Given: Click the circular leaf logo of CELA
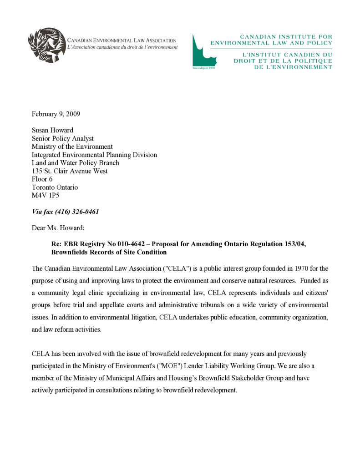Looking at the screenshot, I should tap(47, 45).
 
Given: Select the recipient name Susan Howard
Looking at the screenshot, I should tap(52, 130).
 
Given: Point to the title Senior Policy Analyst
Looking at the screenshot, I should tap(62, 138).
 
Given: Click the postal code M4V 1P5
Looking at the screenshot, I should tap(45, 196).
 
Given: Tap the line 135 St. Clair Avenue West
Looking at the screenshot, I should tap(70, 171).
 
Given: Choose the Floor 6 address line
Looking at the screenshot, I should tap(42, 179).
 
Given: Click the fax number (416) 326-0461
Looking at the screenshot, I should tap(77, 212).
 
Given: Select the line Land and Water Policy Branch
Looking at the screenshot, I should tap(75, 163).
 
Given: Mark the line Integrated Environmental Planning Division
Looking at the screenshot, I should tap(94, 155).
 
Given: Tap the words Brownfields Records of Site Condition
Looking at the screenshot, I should tap(109, 252).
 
